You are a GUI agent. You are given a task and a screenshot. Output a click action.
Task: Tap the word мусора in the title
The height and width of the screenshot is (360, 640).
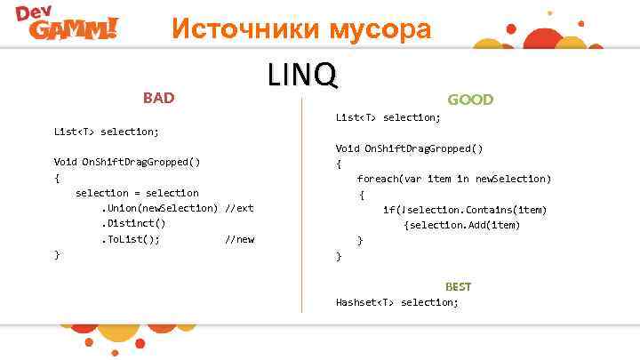pyautogui.click(x=380, y=29)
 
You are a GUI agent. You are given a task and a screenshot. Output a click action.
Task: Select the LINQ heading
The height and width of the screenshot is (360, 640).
pyautogui.click(x=302, y=76)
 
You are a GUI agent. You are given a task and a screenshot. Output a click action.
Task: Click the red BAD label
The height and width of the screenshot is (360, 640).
pyautogui.click(x=159, y=98)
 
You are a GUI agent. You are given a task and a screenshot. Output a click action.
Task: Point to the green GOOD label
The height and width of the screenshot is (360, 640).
pyautogui.click(x=470, y=100)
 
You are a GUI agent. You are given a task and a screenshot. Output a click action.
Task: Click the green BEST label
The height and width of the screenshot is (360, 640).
pyautogui.click(x=458, y=286)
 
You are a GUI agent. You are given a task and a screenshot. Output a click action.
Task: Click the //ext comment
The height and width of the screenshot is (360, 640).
pyautogui.click(x=239, y=208)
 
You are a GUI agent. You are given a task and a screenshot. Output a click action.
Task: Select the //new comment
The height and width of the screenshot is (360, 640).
pyautogui.click(x=239, y=239)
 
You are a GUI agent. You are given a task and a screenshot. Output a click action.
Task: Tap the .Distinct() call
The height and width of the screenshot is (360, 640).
pyautogui.click(x=132, y=224)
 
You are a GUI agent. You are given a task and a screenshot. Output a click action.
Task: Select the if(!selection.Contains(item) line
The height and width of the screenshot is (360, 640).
pyautogui.click(x=464, y=210)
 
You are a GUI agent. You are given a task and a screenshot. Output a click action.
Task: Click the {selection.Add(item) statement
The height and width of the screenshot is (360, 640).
pyautogui.click(x=461, y=225)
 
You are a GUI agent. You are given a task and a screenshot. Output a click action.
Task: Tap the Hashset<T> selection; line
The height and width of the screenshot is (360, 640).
pyautogui.click(x=396, y=302)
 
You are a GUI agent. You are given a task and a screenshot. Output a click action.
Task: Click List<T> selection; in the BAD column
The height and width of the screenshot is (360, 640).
pyautogui.click(x=107, y=132)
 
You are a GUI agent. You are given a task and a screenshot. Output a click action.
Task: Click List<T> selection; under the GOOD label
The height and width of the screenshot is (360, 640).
pyautogui.click(x=388, y=117)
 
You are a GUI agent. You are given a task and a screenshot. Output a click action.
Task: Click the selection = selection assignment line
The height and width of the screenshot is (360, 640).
pyautogui.click(x=137, y=193)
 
